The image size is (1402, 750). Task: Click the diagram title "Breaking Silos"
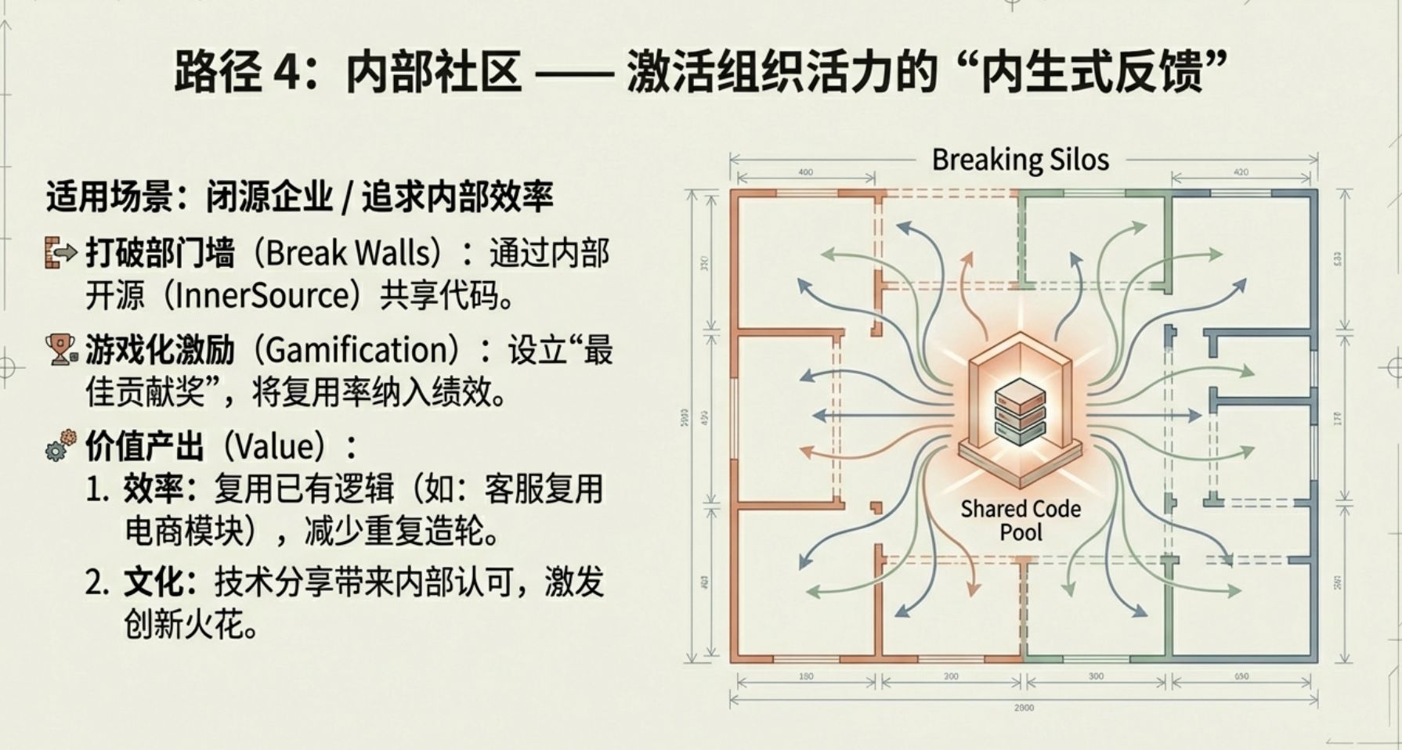(x=1020, y=160)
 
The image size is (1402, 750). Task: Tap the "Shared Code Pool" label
(x=1021, y=521)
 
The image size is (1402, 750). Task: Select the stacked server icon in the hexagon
(x=1020, y=412)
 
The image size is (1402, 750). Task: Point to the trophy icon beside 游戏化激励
(x=60, y=349)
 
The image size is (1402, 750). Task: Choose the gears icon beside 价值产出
(x=60, y=445)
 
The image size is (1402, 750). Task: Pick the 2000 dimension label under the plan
(x=1024, y=707)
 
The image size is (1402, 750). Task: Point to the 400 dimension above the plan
(x=805, y=172)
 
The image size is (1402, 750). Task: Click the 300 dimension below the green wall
(x=1096, y=676)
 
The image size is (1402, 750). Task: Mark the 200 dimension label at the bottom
(x=951, y=676)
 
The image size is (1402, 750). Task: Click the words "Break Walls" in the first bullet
(x=349, y=253)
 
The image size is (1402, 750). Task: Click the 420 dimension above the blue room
(x=1241, y=172)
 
